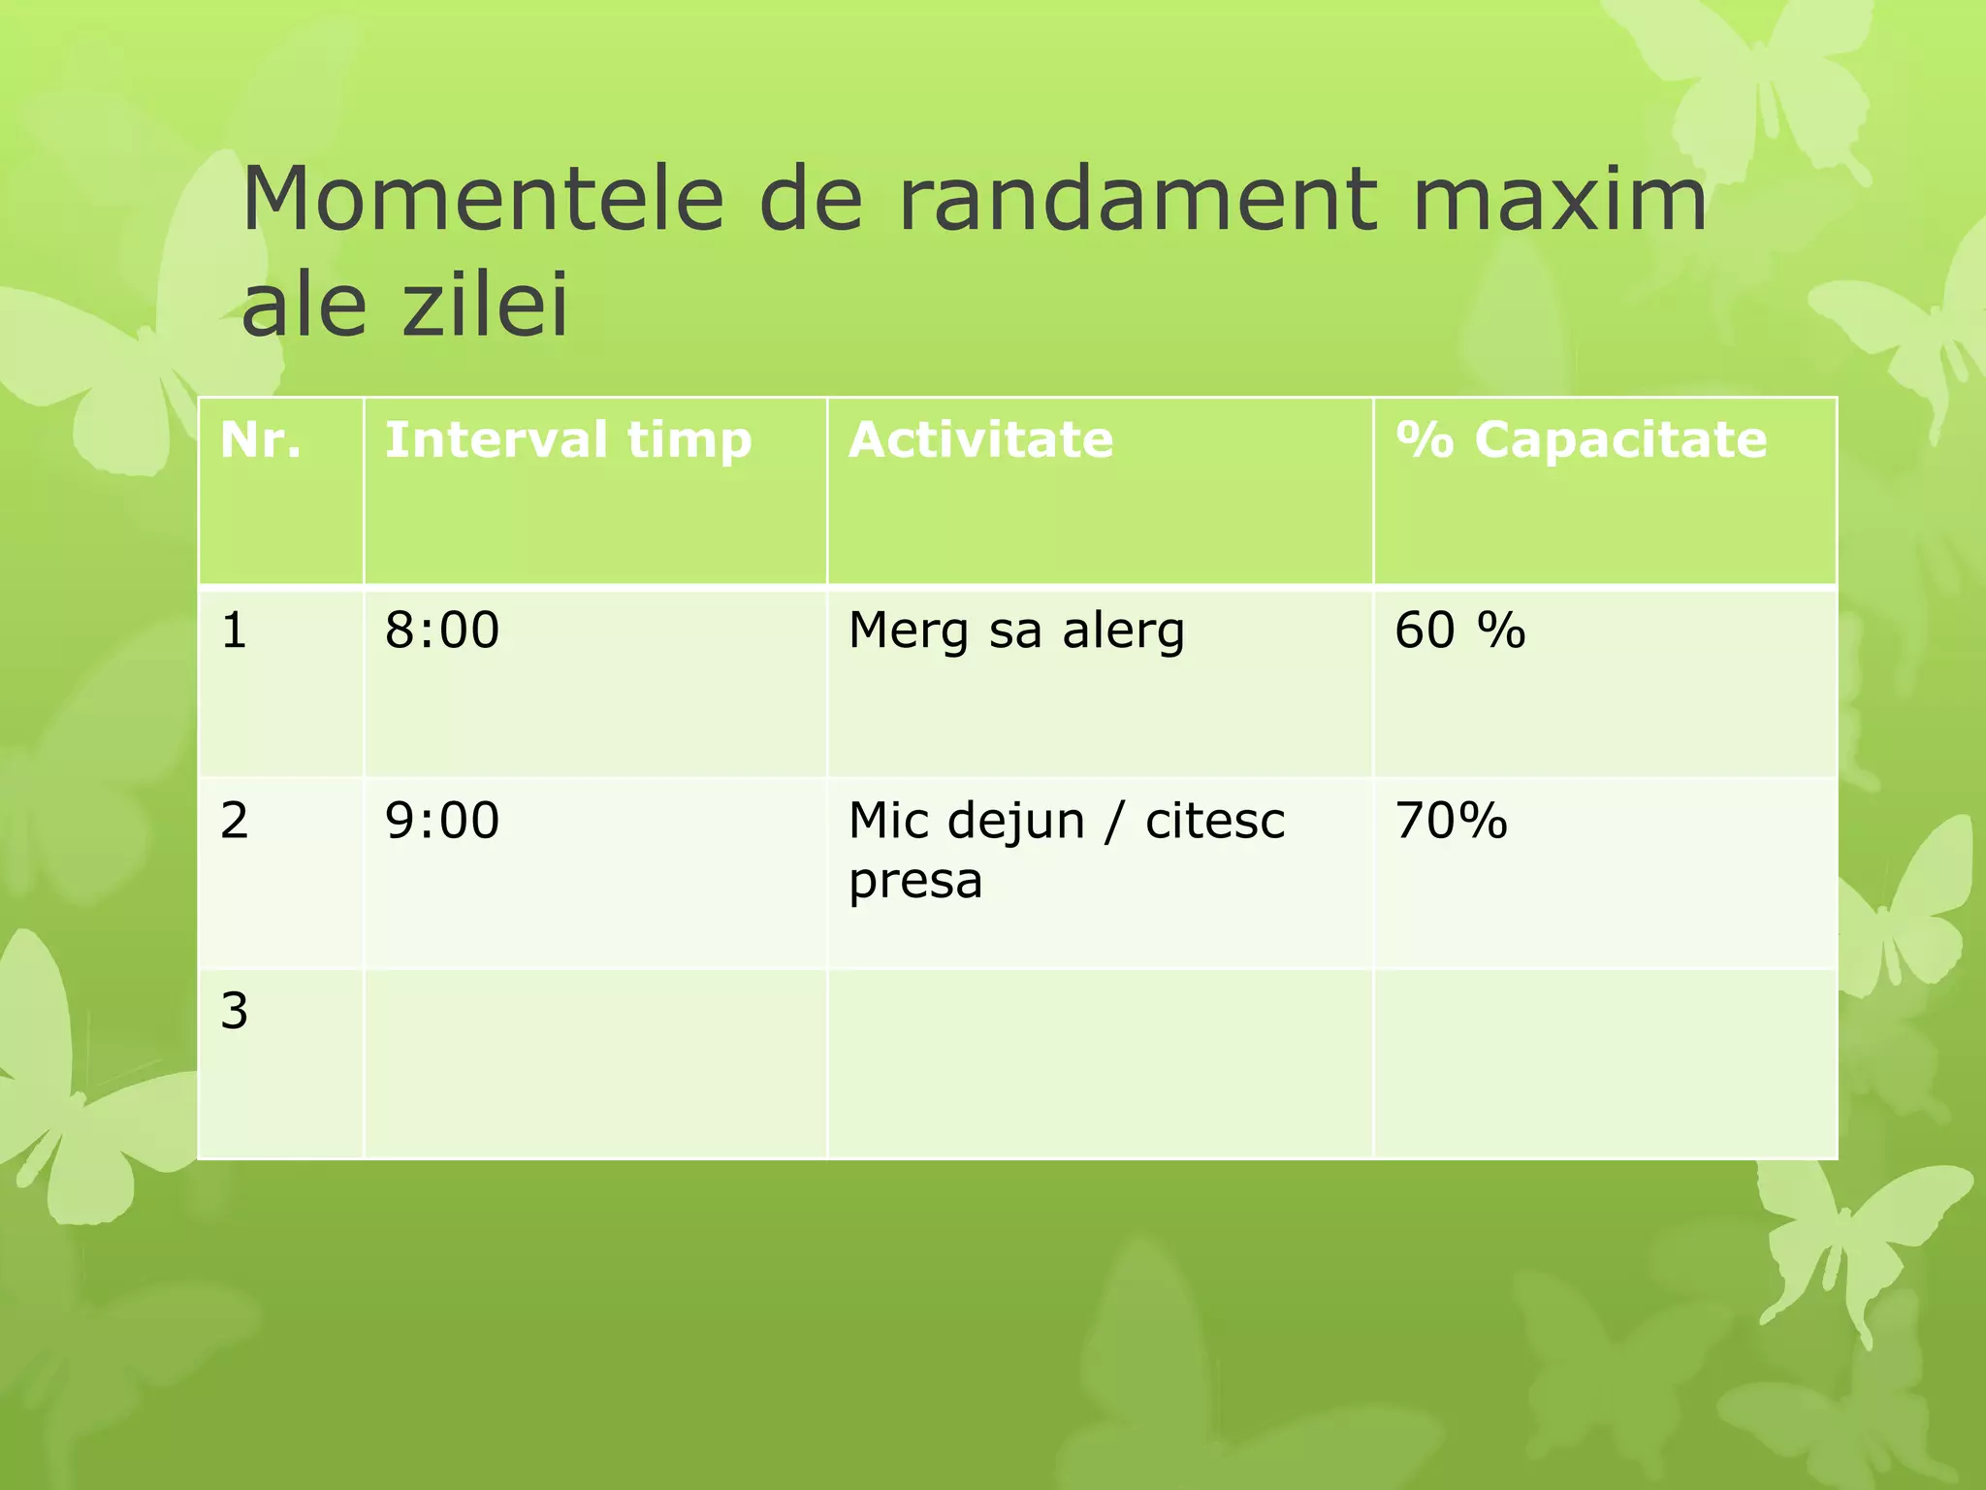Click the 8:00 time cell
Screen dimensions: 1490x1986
442,630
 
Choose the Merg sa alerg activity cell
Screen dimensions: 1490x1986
1016,631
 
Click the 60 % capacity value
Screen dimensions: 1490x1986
1459,630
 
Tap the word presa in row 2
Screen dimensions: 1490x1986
915,881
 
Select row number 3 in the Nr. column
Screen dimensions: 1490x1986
235,1011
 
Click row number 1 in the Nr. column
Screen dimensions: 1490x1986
235,630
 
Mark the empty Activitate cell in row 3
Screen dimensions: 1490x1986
1100,1064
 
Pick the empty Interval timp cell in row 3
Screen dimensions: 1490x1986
594,1064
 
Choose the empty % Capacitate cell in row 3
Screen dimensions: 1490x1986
1605,1064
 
